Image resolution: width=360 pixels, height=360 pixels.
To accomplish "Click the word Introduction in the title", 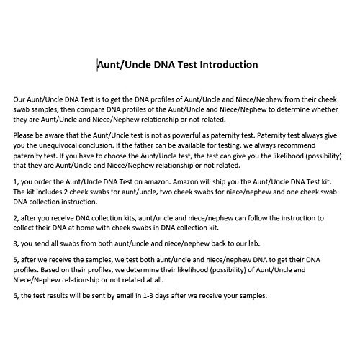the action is (x=224, y=65).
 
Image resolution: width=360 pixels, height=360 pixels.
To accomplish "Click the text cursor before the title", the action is (x=98, y=65).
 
